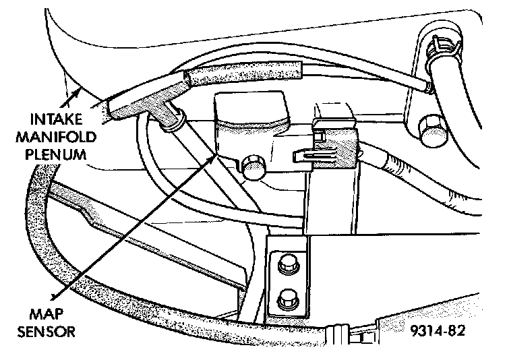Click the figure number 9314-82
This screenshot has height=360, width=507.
(436, 331)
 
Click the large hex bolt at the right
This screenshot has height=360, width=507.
(431, 129)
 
